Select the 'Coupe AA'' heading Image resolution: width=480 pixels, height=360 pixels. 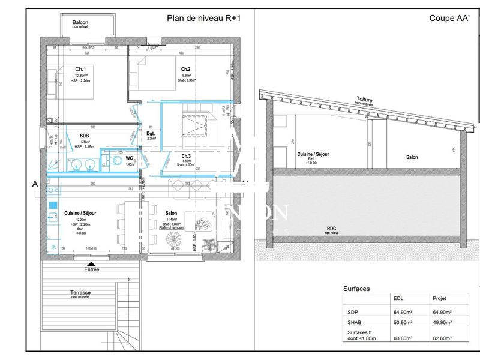(448, 18)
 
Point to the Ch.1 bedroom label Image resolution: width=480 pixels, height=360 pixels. (80, 68)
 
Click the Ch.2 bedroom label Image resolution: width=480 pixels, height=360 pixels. (185, 69)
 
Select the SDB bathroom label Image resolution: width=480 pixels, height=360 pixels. (84, 136)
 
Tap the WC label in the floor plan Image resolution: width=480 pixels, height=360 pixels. (129, 158)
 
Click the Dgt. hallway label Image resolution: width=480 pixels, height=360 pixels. (151, 133)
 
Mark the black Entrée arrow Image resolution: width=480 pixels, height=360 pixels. (91, 263)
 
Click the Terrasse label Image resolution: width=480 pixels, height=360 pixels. (80, 292)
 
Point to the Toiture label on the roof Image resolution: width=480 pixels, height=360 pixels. (365, 100)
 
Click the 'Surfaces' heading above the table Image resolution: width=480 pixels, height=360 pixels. (356, 289)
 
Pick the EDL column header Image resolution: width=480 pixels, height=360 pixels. (398, 298)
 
